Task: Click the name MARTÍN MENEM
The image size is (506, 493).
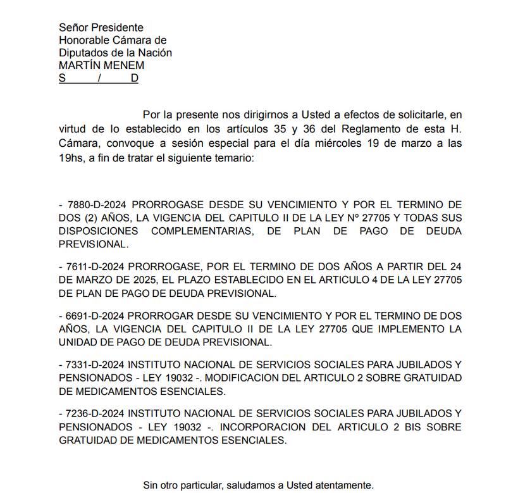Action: point(101,65)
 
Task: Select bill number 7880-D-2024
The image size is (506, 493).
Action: point(96,205)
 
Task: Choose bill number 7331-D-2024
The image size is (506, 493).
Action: point(96,366)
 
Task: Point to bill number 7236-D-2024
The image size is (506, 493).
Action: point(96,415)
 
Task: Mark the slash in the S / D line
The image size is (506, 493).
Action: point(99,78)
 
